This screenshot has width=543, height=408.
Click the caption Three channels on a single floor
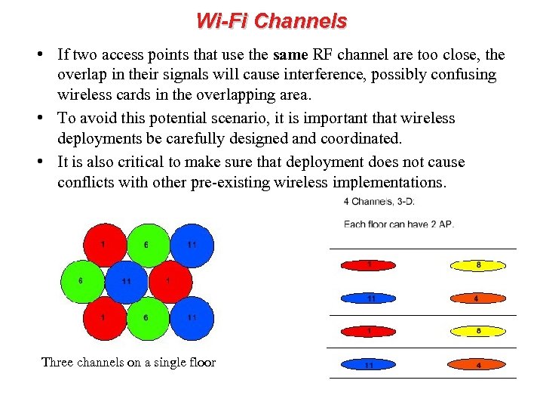[x=128, y=363]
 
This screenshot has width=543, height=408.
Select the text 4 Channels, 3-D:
[x=379, y=202]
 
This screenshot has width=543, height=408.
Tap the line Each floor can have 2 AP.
[x=399, y=224]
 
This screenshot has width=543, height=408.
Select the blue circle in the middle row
[x=127, y=281]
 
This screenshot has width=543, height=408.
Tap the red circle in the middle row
[x=170, y=281]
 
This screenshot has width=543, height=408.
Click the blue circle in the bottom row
[x=192, y=318]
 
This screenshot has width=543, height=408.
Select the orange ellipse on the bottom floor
[x=478, y=365]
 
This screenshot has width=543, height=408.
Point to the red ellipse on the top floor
[x=370, y=265]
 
